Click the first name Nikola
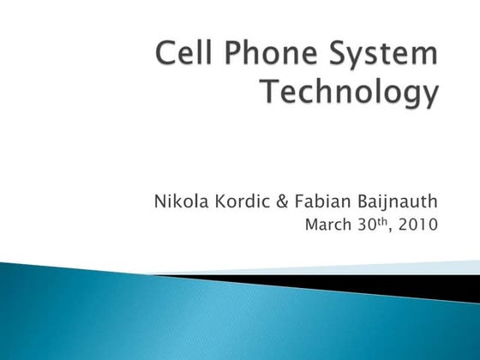(178, 203)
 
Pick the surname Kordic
(243, 203)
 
